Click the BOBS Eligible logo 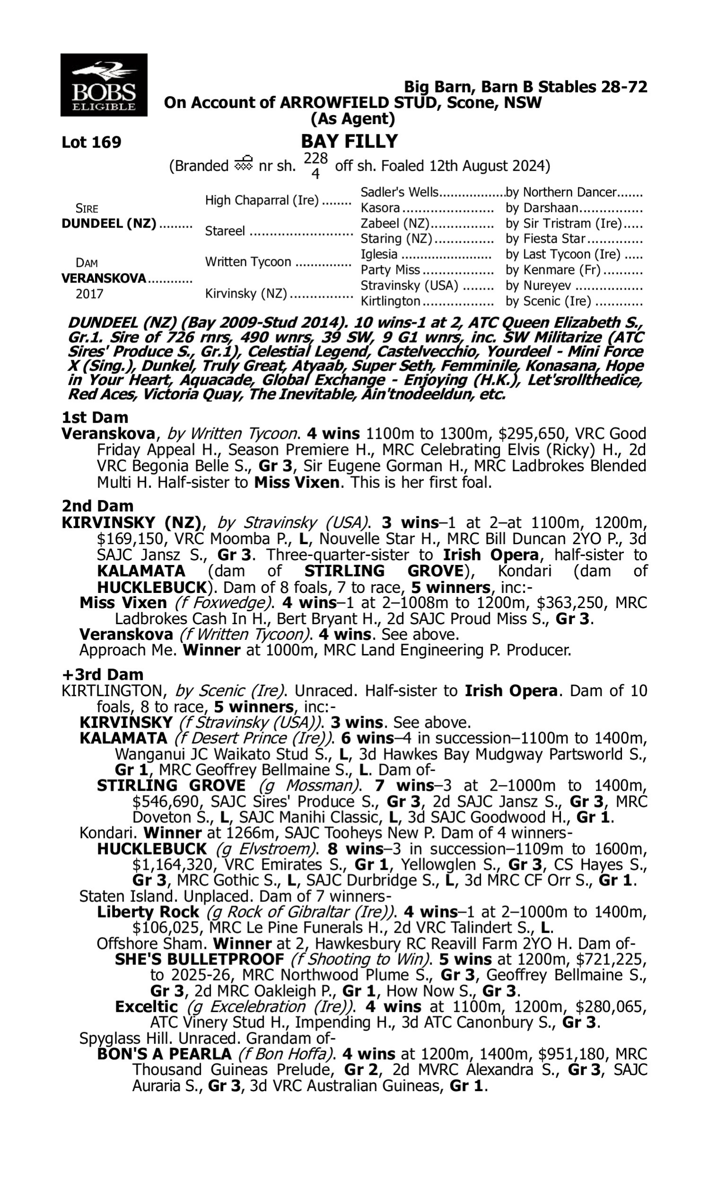[x=104, y=85]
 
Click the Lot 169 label [x=91, y=142]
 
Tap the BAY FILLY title [x=349, y=141]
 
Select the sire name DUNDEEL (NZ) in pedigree [x=109, y=224]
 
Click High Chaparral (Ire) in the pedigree [x=262, y=200]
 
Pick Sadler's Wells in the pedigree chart [x=399, y=192]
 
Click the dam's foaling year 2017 [x=89, y=293]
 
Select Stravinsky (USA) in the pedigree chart [x=409, y=286]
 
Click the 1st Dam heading [x=95, y=417]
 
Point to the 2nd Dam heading [x=97, y=506]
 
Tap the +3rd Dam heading [x=102, y=674]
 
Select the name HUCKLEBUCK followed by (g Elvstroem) [x=152, y=849]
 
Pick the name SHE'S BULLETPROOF [x=199, y=959]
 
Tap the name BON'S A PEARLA [x=164, y=1054]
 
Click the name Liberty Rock [x=147, y=912]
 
